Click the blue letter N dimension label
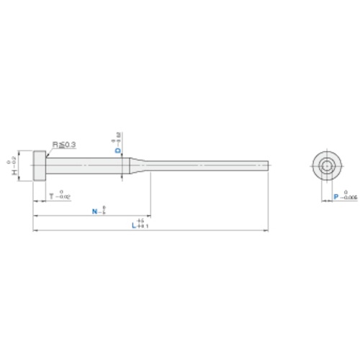[96, 212]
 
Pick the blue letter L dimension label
[134, 226]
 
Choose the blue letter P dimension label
[336, 195]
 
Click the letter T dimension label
[50, 195]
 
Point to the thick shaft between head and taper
[86, 166]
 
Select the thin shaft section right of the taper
[209, 166]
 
